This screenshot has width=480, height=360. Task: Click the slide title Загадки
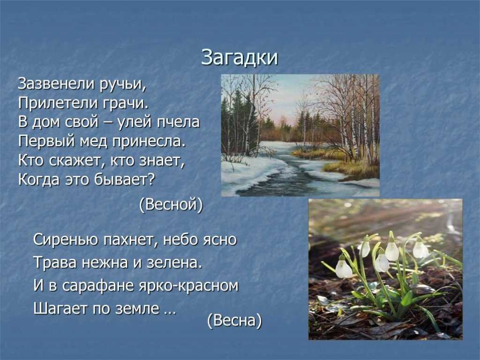(x=240, y=58)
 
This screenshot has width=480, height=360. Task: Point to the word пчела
(x=178, y=122)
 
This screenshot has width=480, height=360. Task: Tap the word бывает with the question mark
(x=125, y=180)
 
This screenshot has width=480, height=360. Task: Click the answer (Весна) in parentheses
(x=234, y=321)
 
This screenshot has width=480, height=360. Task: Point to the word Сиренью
(x=66, y=239)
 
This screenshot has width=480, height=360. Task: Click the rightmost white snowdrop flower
(x=420, y=249)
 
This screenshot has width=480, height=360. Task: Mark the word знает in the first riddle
(x=162, y=160)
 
